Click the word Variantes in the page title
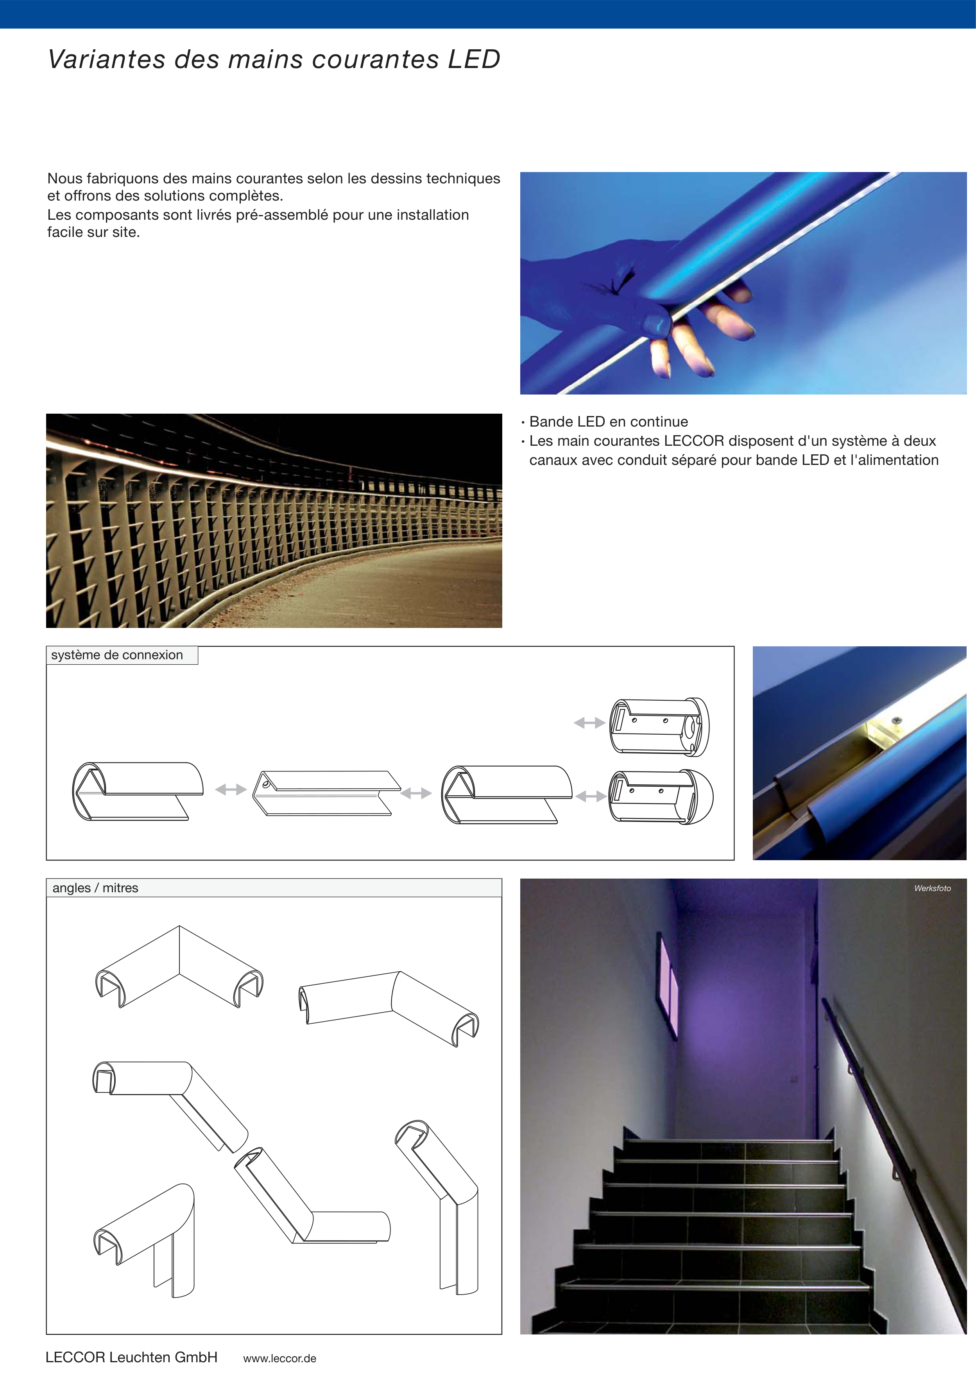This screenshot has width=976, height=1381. (x=106, y=59)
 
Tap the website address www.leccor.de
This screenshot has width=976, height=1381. (x=279, y=1358)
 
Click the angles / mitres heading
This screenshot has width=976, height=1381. (x=95, y=888)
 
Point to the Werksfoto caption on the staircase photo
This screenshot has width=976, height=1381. (x=932, y=888)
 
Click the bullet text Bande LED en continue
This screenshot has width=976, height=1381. (x=609, y=421)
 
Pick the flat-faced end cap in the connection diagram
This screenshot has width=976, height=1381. (x=659, y=726)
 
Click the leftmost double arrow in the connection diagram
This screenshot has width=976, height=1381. (x=231, y=790)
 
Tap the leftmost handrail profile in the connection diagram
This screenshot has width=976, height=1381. (x=138, y=791)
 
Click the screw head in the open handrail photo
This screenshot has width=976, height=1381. (x=897, y=719)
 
